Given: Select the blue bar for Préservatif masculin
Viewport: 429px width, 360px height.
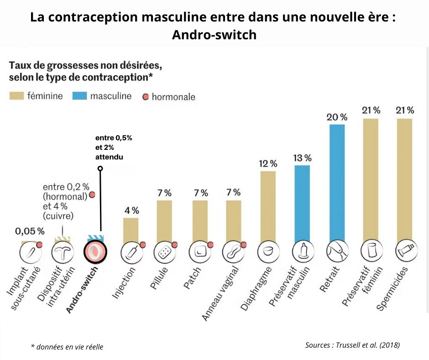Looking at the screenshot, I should pos(303,203).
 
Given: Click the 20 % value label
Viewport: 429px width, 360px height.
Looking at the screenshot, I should pos(337,117).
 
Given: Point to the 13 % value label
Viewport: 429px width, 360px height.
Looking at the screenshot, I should pos(302,158).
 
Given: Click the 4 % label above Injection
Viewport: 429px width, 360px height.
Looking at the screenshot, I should pos(131,211).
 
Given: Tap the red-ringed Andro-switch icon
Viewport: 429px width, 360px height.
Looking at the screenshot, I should pos(95,251).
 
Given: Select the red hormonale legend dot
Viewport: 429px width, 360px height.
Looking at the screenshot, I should pos(146,97).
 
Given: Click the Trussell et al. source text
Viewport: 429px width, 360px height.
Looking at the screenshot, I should pos(352,345).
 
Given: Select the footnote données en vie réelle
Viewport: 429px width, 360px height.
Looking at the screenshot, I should pos(67,347).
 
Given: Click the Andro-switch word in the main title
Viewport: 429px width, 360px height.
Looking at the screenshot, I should pos(214,35).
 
